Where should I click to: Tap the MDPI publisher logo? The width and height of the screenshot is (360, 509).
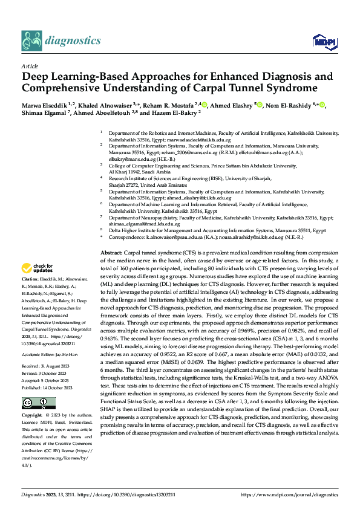(321, 41)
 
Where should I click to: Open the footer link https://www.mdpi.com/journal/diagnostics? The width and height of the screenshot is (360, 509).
(290, 494)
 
